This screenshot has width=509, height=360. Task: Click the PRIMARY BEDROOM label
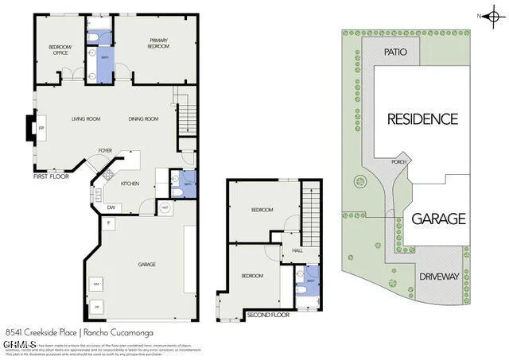(156, 43)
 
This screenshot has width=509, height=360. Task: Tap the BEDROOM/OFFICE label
(60, 49)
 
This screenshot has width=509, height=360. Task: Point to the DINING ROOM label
(144, 119)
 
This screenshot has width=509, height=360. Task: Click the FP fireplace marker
(41, 128)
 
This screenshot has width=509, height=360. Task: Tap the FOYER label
(104, 149)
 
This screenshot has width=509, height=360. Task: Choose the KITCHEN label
(131, 184)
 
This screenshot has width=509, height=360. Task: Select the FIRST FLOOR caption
(52, 176)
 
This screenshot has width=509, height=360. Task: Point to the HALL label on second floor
(297, 250)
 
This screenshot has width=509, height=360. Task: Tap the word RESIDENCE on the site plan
(422, 119)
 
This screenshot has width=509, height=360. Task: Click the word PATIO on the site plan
(395, 52)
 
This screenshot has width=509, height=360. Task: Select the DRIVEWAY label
(440, 277)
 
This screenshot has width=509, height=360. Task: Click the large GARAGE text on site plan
(438, 218)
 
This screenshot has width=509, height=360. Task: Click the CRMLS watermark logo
(20, 345)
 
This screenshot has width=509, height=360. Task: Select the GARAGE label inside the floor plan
(146, 265)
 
